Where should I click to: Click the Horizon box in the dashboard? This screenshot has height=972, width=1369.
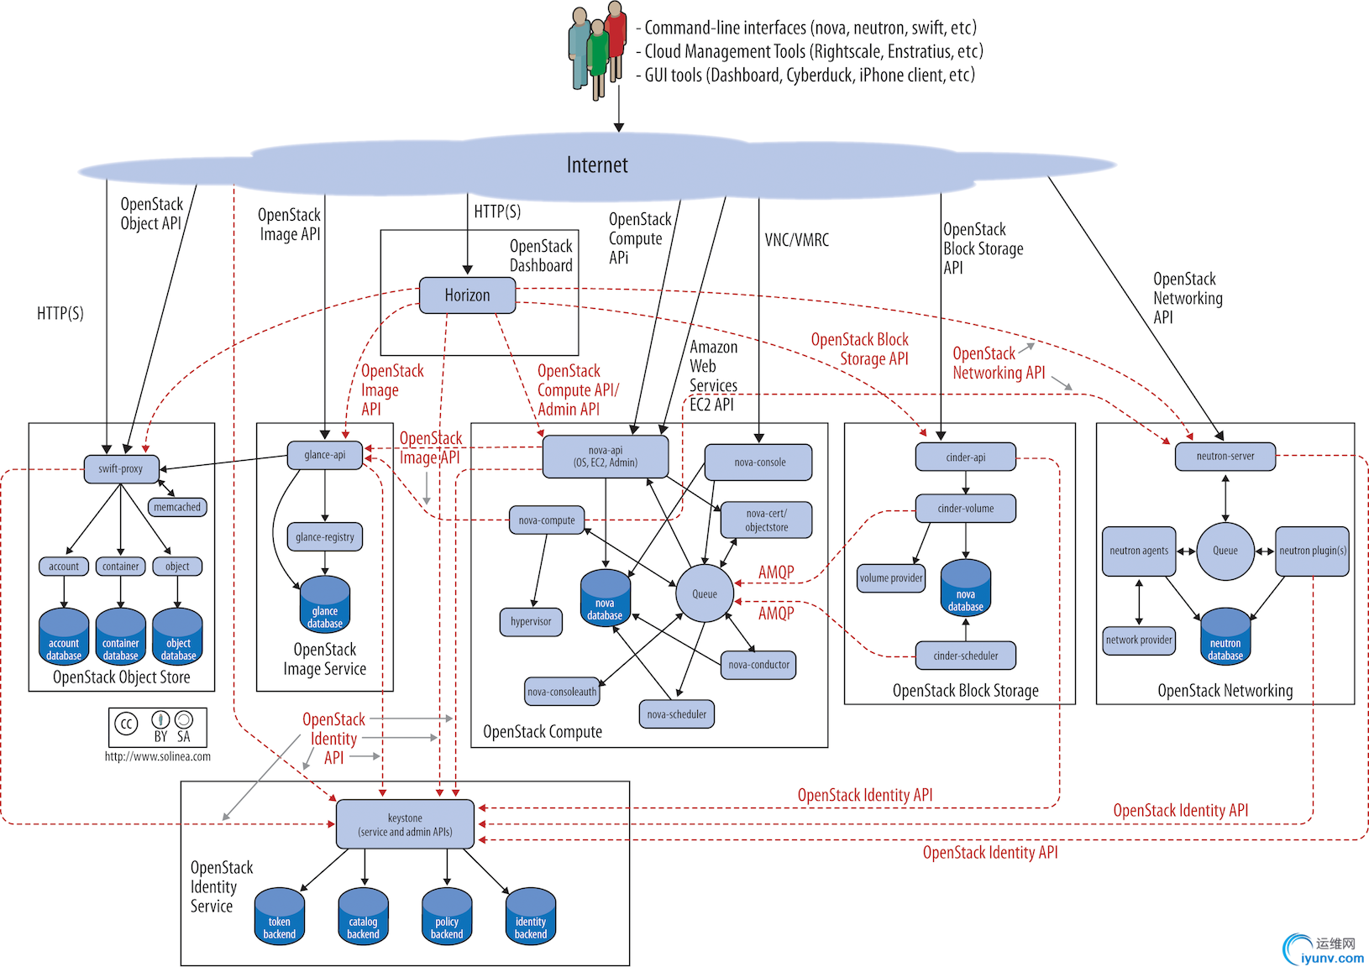point(467,295)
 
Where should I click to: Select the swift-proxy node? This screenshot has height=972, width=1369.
point(121,468)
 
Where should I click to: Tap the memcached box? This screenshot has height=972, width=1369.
point(177,507)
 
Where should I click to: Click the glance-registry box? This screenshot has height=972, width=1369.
point(325,537)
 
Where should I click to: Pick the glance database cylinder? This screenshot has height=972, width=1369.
point(325,604)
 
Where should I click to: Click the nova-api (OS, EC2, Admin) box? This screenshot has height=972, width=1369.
point(606,457)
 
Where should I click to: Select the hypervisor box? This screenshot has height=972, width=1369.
point(531,622)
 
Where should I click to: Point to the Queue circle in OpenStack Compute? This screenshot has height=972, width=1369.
point(705,593)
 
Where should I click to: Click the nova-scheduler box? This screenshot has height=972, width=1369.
point(677,714)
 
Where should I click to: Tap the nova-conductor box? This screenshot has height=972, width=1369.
point(758,665)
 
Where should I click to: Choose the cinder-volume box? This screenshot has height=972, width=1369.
point(965,509)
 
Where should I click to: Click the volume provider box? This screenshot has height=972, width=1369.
point(891,577)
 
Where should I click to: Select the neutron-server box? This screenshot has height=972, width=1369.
point(1225,457)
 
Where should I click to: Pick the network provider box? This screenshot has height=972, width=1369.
point(1139,640)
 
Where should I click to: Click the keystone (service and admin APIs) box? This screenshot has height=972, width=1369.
point(405,824)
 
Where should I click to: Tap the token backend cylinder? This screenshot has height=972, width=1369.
point(280,917)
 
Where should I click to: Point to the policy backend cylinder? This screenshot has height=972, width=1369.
point(447,917)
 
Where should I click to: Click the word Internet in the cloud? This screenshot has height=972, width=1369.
point(597,165)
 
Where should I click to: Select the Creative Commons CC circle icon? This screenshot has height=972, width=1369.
point(126,724)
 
